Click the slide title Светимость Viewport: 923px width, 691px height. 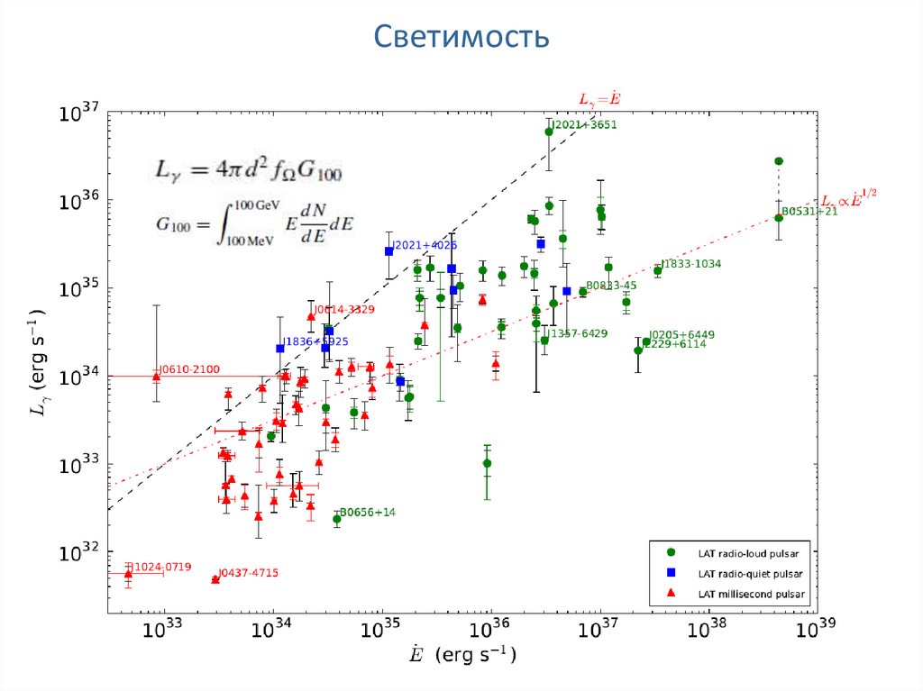coord(461,38)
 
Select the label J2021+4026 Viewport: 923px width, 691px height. coord(425,245)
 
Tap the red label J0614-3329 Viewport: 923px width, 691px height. coord(344,309)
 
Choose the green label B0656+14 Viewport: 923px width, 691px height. coord(368,513)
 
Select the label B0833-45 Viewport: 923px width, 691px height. coord(612,286)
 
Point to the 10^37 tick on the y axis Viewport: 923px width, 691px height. coord(78,114)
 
